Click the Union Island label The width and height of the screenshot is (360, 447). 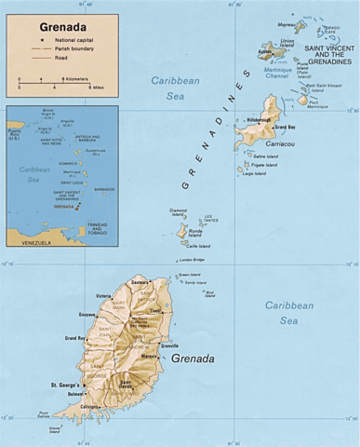tap(287, 44)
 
